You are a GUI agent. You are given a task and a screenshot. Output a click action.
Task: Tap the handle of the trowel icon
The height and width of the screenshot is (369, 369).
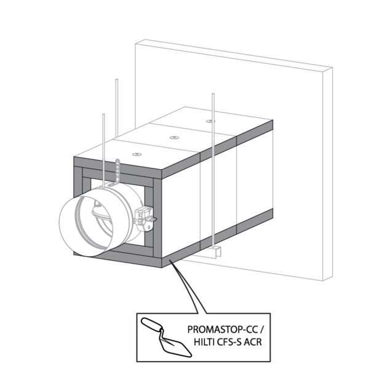[149, 324]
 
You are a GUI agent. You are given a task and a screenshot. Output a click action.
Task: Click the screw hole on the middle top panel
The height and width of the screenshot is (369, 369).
[174, 137]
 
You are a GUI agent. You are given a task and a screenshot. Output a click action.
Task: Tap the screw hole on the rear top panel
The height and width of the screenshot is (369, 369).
[210, 121]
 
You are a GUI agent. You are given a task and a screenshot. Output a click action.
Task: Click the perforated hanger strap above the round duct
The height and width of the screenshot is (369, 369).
[118, 170]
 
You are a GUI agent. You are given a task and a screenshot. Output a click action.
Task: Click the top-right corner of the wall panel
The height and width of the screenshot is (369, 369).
[332, 69]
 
